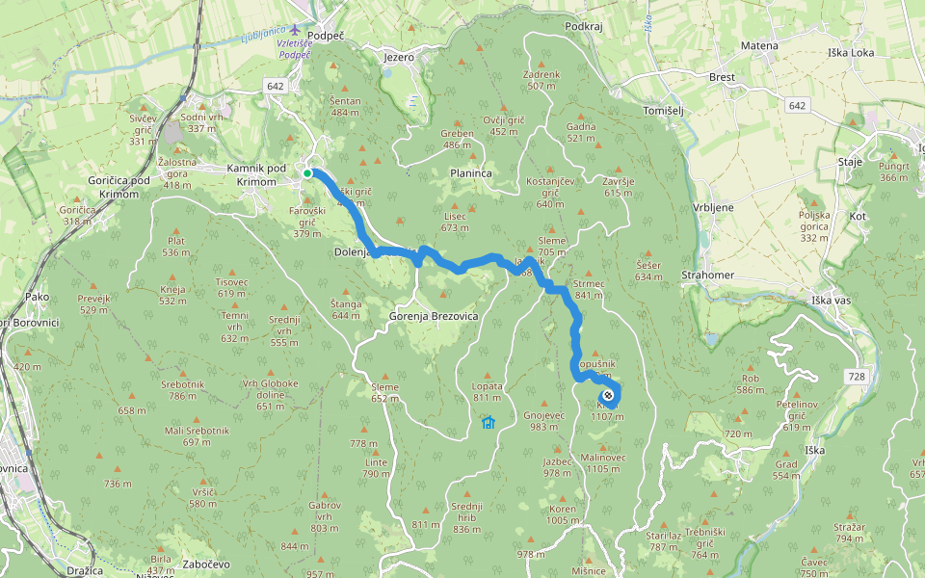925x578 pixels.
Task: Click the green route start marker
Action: (x=307, y=173)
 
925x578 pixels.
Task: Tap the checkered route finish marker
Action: (x=608, y=395)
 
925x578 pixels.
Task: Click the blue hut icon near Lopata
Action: (x=489, y=422)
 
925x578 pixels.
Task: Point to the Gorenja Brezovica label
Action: (x=434, y=316)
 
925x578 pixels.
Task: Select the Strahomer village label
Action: (x=707, y=276)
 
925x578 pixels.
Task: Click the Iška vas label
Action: (x=831, y=301)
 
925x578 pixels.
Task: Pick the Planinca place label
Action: (x=470, y=173)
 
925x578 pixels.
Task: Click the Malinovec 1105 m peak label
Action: (x=602, y=463)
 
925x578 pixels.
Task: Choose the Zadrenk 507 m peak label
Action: (x=542, y=80)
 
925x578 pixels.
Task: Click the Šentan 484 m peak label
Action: (x=345, y=107)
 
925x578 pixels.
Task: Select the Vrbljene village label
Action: (x=713, y=208)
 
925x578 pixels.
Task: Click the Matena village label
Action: (x=759, y=45)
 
